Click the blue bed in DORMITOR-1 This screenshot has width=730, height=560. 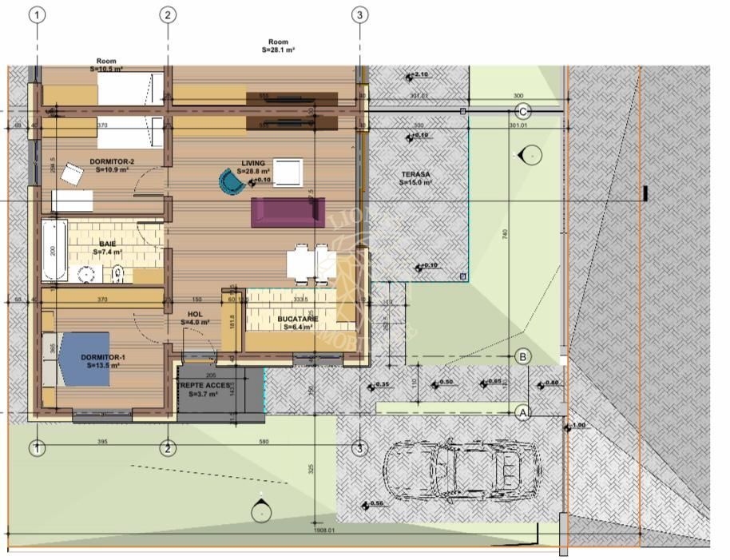83,359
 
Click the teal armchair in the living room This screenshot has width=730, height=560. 232,181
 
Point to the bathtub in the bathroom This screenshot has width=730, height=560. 55,249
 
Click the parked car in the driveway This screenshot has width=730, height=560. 450,471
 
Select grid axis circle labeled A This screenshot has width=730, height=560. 523,413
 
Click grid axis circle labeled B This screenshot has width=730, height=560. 522,356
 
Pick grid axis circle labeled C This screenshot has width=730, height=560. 524,110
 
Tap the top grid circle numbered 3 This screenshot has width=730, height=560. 360,14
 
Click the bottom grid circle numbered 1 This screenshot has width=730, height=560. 37,448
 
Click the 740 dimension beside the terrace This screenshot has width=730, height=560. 506,233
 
